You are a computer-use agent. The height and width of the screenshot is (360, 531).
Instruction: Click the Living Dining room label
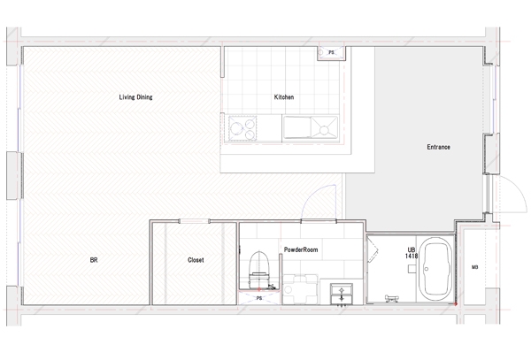pyautogui.click(x=135, y=97)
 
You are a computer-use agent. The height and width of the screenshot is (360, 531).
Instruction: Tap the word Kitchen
pyautogui.click(x=284, y=97)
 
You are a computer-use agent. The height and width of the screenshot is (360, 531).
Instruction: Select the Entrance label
pyautogui.click(x=438, y=147)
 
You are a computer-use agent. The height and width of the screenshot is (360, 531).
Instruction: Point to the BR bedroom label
pyautogui.click(x=94, y=260)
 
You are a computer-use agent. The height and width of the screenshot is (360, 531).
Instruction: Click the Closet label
pyautogui.click(x=196, y=260)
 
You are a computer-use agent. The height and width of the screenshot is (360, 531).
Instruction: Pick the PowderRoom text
pyautogui.click(x=301, y=249)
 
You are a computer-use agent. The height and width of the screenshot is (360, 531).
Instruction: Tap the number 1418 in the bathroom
pyautogui.click(x=412, y=257)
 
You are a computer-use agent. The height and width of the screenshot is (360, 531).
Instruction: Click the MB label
pyautogui.click(x=474, y=267)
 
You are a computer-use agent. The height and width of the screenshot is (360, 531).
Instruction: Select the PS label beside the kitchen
pyautogui.click(x=331, y=52)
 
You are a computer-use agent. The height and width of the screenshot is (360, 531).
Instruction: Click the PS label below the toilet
pyautogui.click(x=259, y=298)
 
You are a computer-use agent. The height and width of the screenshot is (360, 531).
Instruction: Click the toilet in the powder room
pyautogui.click(x=259, y=270)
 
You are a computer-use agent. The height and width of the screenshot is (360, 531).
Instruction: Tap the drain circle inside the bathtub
pyautogui.click(x=427, y=269)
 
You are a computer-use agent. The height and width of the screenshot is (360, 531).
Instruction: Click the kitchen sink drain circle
pyautogui.click(x=324, y=130)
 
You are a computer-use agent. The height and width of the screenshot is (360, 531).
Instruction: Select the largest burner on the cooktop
pyautogui.click(x=235, y=128)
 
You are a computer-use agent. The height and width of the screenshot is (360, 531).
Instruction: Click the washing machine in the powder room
pyautogui.click(x=300, y=289)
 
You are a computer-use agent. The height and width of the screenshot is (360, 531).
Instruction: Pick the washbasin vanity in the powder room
pyautogui.click(x=342, y=294)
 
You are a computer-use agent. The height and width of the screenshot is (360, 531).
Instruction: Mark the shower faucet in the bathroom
pyautogui.click(x=392, y=298)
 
